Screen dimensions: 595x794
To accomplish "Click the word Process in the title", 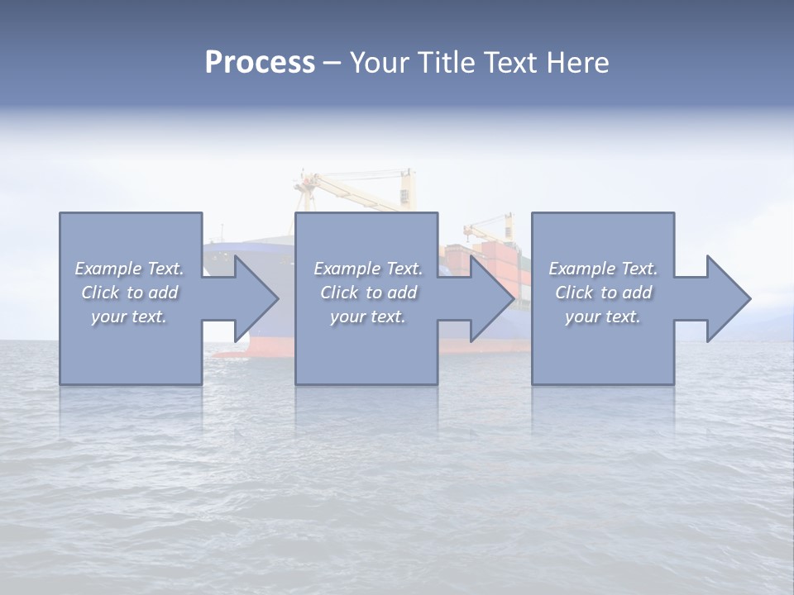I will point(260,63).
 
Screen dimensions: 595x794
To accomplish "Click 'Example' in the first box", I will point(108,269).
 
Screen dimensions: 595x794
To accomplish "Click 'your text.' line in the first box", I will point(129,317).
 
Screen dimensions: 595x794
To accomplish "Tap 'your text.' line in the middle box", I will point(368,317).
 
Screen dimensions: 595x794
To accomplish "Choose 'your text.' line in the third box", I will point(603,317).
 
